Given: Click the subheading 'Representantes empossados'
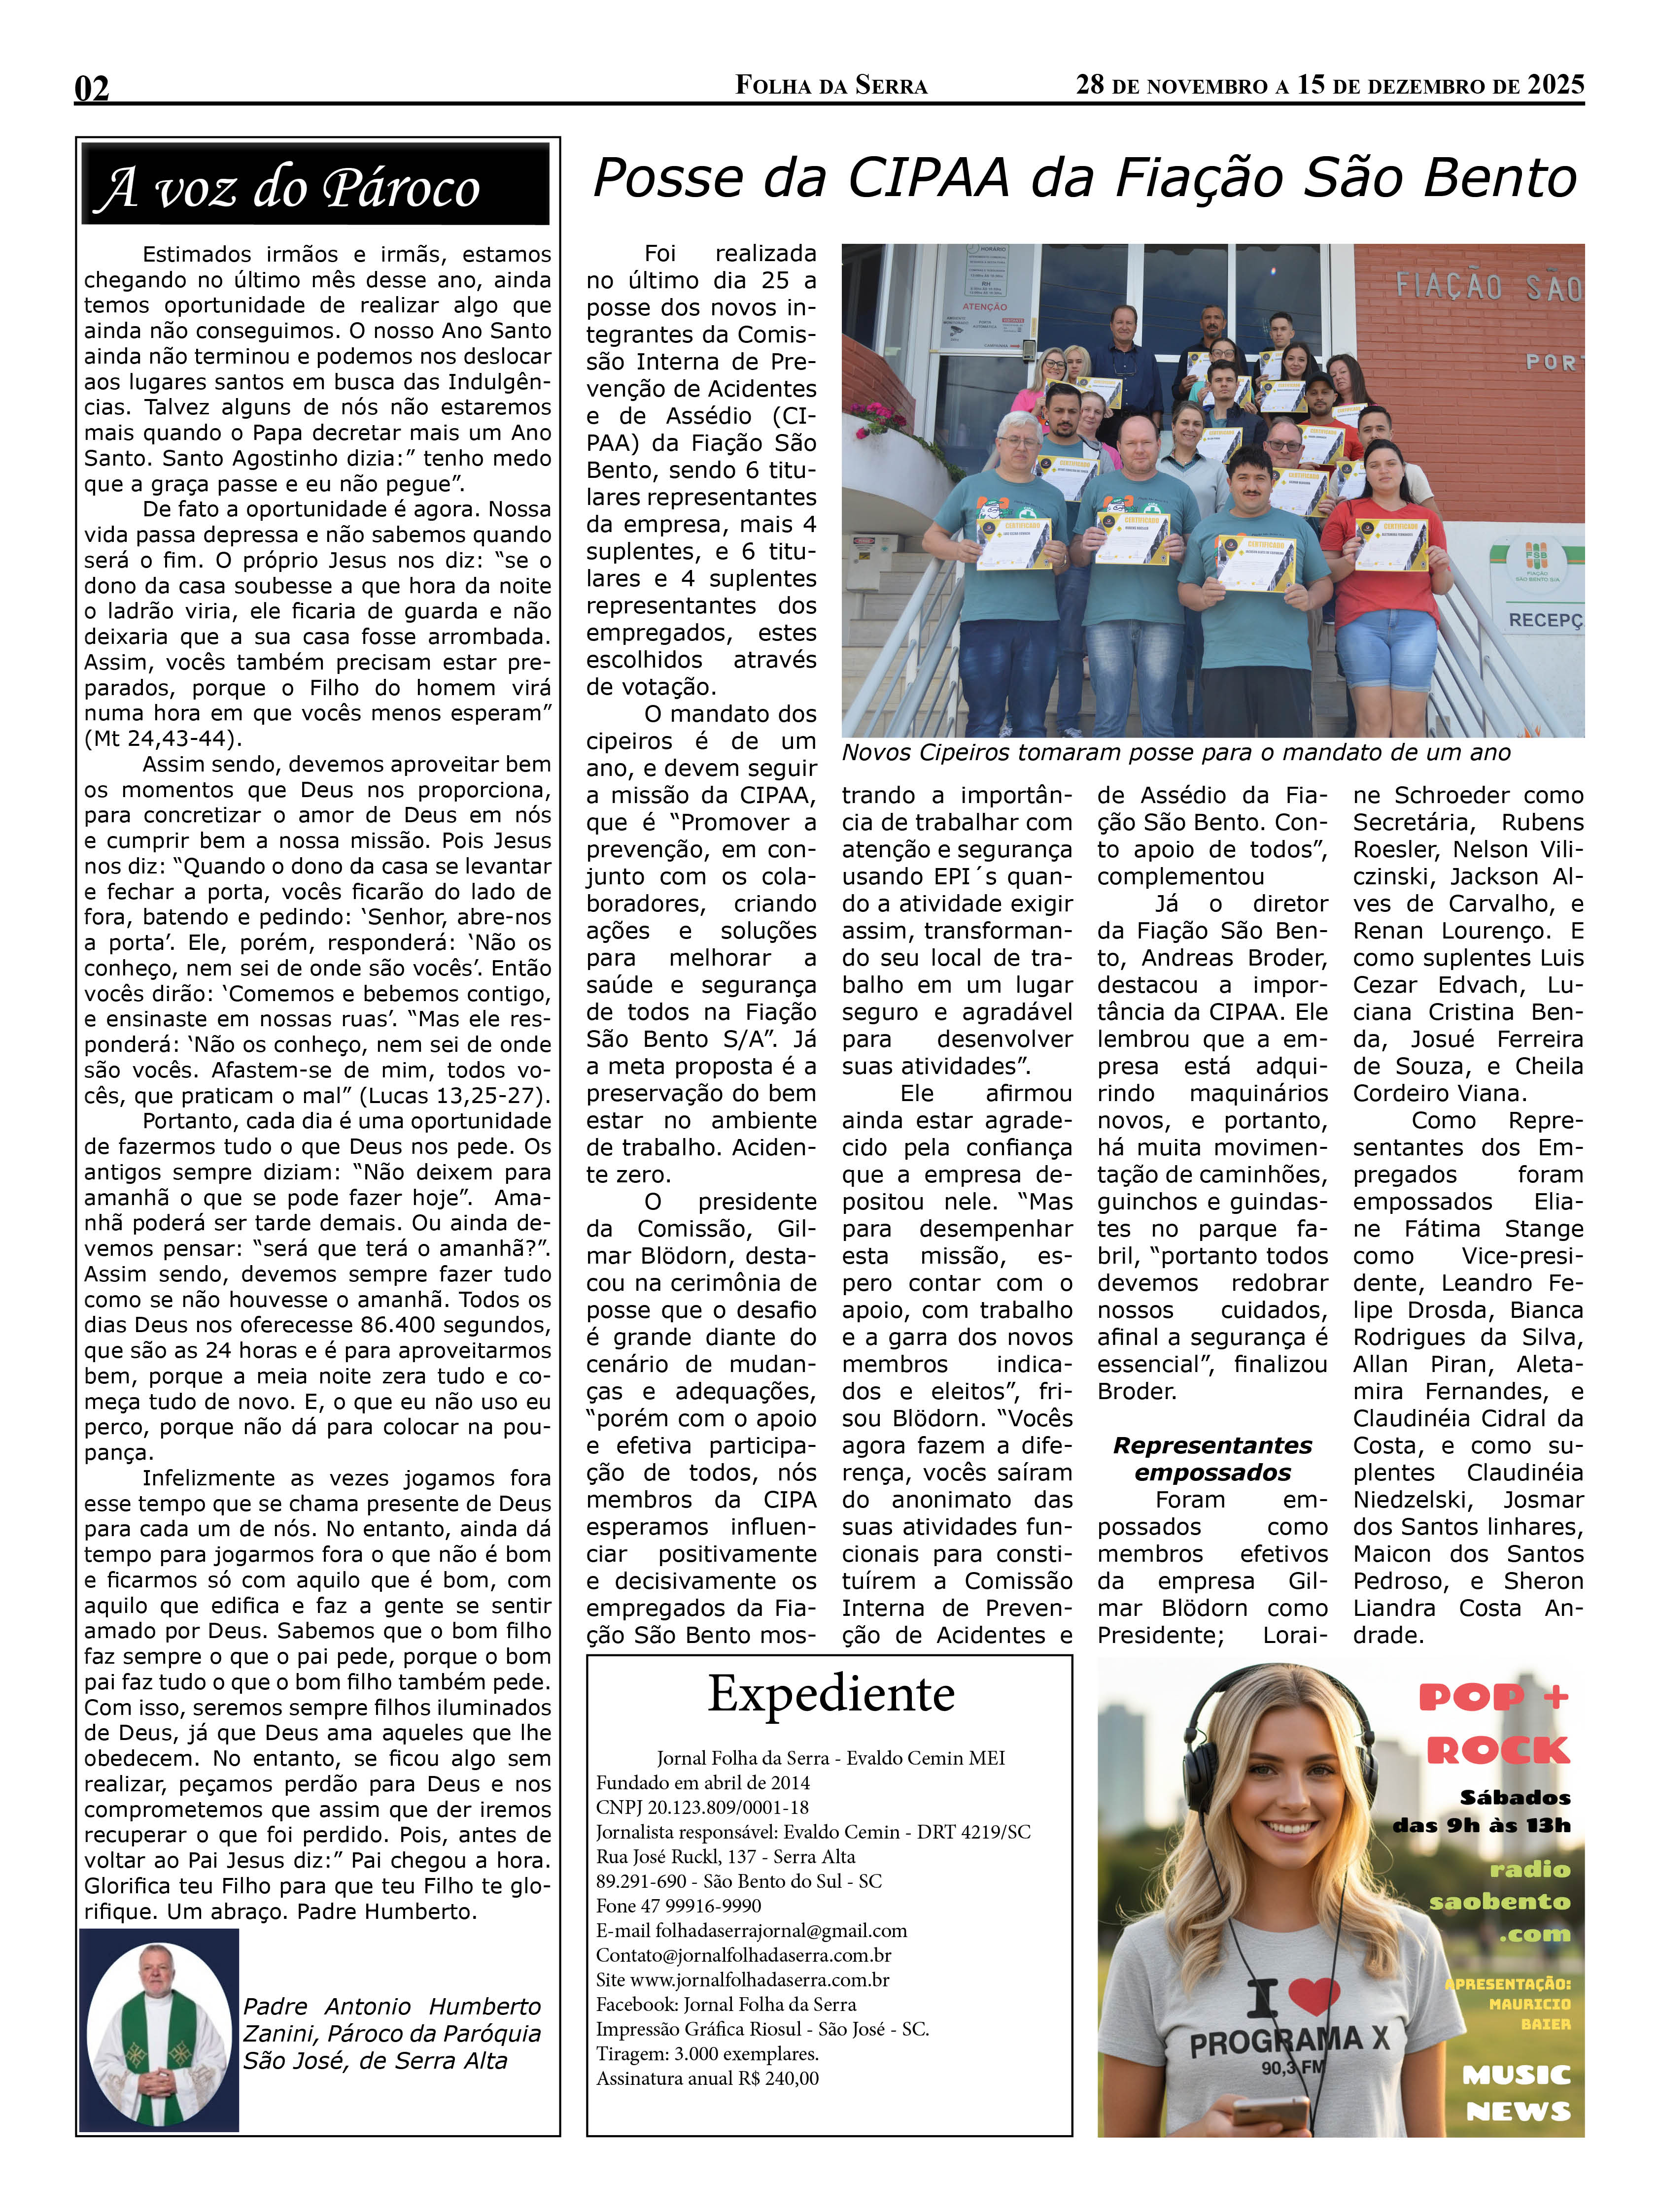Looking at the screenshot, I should [x=1212, y=1458].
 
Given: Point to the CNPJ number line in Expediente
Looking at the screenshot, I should [x=702, y=1807].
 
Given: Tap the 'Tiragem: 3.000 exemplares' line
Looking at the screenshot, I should [x=707, y=2054].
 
